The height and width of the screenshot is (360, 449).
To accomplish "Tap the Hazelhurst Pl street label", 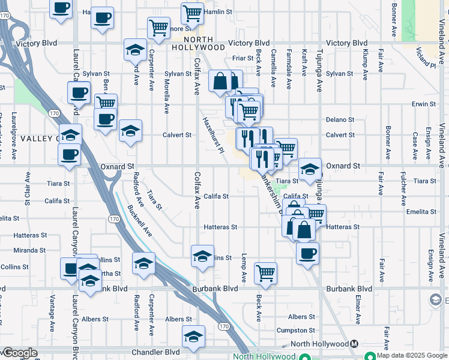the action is (213, 134).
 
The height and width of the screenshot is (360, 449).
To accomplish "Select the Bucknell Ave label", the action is (140, 221).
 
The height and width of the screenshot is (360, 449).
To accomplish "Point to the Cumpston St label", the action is (295, 331).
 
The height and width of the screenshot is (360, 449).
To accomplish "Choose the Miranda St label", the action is (30, 250).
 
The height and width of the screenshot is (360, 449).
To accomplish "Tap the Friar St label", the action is (243, 58).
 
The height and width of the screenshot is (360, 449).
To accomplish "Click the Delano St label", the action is (337, 120).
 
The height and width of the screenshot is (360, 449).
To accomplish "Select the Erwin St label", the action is (423, 104).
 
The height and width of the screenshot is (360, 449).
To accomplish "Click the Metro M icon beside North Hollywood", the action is (355, 344).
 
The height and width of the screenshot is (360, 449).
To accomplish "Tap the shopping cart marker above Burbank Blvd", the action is (265, 273).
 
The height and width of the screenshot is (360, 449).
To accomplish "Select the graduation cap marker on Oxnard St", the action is (310, 169).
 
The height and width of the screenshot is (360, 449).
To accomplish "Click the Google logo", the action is (21, 353).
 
